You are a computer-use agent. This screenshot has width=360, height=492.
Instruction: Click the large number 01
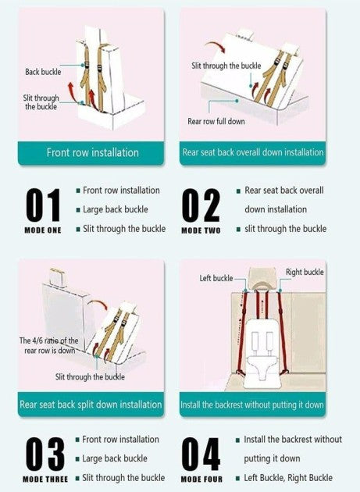(x=43, y=205)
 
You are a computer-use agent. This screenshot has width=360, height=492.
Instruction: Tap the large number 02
(x=201, y=205)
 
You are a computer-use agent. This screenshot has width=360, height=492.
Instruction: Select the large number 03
(x=45, y=454)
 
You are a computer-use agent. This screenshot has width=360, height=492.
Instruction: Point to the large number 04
(x=201, y=454)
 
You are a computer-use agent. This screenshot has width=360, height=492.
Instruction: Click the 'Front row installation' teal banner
(x=91, y=153)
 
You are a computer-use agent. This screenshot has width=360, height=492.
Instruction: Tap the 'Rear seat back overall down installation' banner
(x=253, y=153)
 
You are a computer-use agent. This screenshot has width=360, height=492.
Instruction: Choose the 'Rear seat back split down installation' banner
(x=91, y=405)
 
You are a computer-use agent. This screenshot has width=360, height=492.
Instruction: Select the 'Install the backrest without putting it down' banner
(x=253, y=405)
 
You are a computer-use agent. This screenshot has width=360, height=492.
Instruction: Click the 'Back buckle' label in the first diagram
(x=43, y=72)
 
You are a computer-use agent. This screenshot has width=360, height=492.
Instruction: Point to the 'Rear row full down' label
(x=216, y=121)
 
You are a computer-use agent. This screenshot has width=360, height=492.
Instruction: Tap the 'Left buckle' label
(x=216, y=278)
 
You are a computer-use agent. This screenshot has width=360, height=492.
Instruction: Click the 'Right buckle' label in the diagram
(x=305, y=272)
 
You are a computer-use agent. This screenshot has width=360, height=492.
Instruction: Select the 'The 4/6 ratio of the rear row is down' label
(x=48, y=345)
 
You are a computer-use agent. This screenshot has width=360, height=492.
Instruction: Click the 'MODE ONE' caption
(x=43, y=230)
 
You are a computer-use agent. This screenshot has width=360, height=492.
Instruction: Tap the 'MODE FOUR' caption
(x=201, y=480)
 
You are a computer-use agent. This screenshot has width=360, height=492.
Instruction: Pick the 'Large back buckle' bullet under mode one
(x=116, y=209)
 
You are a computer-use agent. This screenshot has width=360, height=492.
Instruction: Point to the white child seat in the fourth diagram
(x=262, y=353)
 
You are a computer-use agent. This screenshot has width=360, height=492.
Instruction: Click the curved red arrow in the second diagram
(x=216, y=46)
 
